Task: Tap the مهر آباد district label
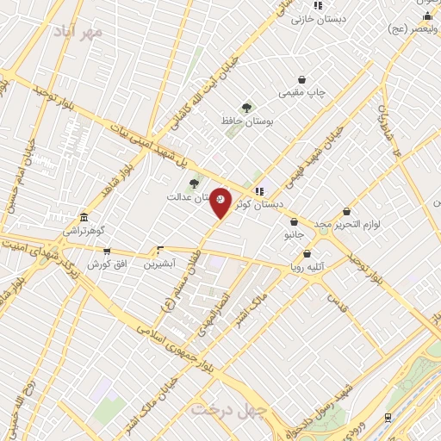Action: click(77, 34)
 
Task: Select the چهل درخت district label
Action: click(226, 407)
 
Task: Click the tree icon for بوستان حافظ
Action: click(247, 108)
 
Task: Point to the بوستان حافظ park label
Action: click(270, 122)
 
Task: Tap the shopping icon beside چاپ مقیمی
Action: click(301, 79)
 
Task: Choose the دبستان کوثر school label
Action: click(264, 205)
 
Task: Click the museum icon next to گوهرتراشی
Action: click(84, 217)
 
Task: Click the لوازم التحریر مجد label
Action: click(347, 224)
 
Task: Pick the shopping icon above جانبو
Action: click(294, 221)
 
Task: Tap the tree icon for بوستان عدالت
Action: click(194, 183)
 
